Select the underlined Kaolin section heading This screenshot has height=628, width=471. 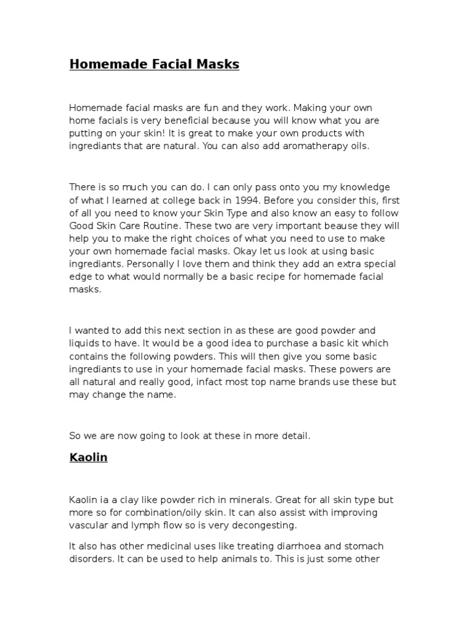click(88, 458)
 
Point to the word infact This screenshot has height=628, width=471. click(210, 381)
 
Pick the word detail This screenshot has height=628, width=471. click(294, 436)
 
